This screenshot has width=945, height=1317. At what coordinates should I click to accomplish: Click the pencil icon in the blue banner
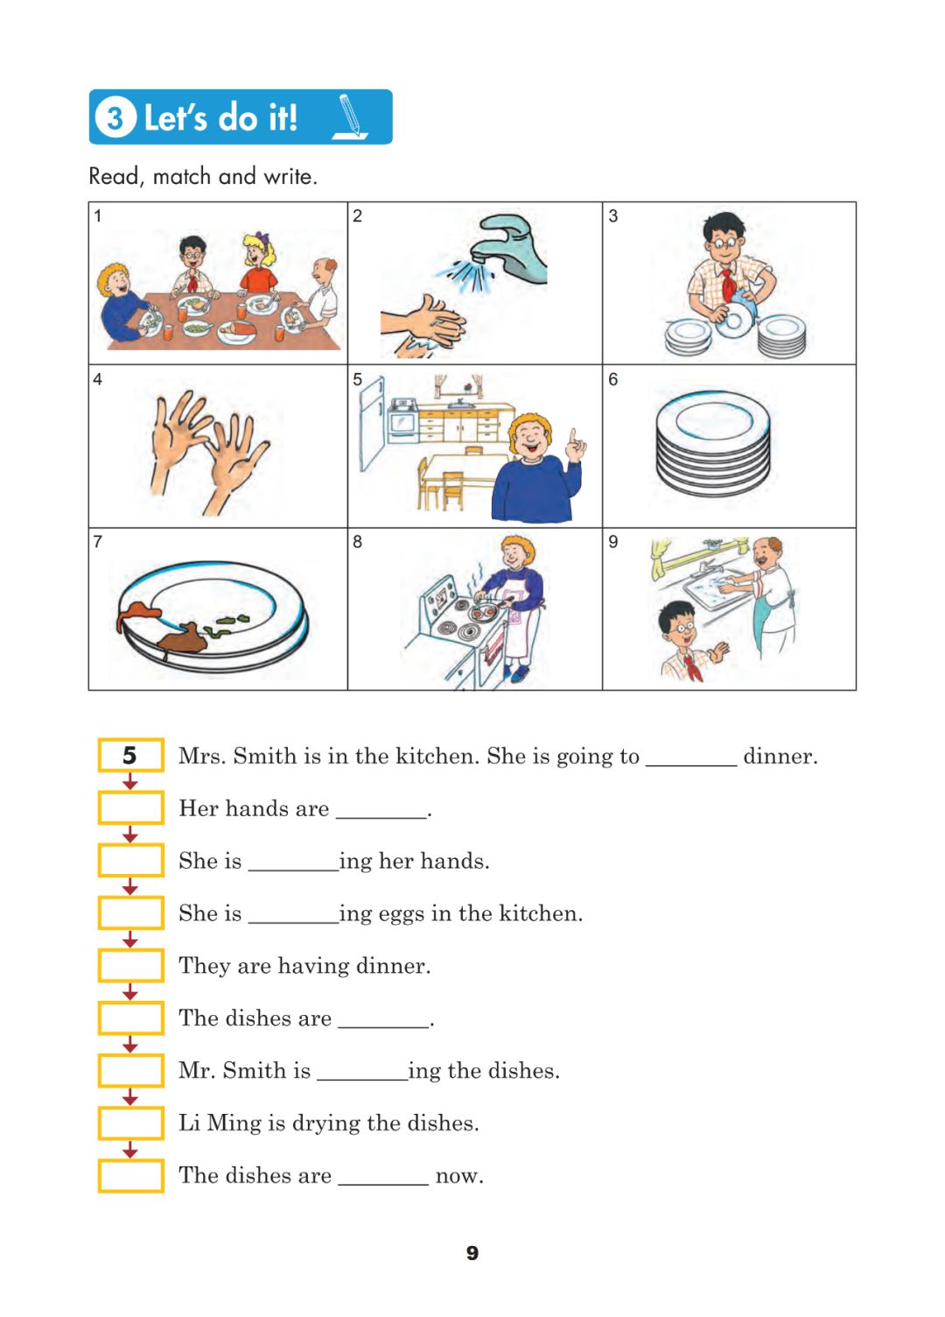click(350, 117)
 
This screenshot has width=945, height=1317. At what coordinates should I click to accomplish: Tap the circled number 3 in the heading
click(115, 117)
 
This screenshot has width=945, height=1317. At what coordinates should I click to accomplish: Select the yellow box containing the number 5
click(130, 754)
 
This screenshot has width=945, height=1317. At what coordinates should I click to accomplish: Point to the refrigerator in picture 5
click(371, 423)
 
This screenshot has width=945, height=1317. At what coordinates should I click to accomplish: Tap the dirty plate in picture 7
click(213, 615)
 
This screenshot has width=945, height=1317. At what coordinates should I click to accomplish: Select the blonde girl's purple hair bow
click(261, 238)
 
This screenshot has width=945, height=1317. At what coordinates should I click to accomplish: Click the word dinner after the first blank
click(780, 756)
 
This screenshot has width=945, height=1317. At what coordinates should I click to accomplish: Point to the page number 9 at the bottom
click(472, 1252)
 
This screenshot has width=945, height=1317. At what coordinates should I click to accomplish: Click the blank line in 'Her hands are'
click(381, 817)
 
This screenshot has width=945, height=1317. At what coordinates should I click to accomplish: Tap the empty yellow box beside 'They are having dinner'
click(130, 965)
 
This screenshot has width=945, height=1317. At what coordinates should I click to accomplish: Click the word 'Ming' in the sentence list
click(234, 1123)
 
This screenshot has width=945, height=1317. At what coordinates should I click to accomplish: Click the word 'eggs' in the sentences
click(402, 915)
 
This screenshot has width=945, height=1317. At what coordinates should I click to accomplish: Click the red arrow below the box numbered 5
click(130, 781)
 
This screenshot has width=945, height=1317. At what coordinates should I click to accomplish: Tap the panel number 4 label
click(97, 379)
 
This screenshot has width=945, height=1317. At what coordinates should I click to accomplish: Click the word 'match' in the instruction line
click(181, 176)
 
